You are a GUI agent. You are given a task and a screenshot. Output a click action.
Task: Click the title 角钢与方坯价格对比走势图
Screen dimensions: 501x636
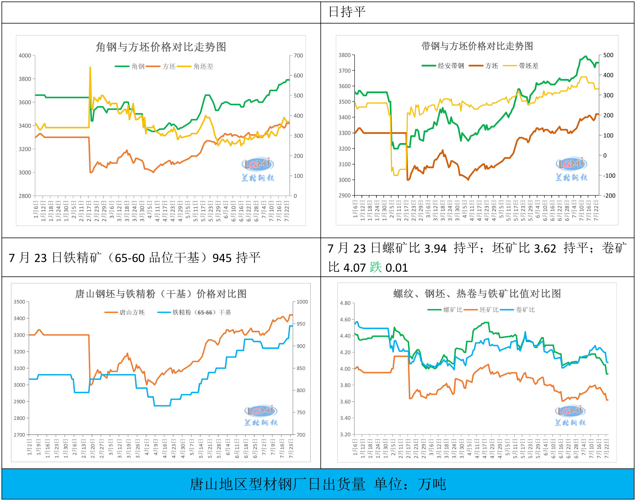(161, 47)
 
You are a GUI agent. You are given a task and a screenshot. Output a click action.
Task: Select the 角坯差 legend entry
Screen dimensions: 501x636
(203, 67)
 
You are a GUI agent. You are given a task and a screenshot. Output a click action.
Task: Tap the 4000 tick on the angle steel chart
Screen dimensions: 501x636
(25, 56)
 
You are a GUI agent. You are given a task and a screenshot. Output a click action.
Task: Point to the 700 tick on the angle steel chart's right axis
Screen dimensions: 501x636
(298, 56)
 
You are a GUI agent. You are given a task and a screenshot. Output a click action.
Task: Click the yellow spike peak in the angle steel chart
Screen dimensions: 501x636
(90, 67)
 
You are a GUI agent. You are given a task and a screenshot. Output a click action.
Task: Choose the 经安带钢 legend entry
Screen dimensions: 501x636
(451, 66)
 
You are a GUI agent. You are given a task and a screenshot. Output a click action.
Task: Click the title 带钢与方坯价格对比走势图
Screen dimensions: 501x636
(477, 46)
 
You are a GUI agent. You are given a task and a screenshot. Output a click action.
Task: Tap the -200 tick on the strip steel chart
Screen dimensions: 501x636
(609, 196)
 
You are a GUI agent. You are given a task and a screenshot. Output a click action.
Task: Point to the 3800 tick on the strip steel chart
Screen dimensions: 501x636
(345, 55)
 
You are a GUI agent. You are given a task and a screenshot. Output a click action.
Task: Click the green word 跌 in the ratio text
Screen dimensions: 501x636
(376, 268)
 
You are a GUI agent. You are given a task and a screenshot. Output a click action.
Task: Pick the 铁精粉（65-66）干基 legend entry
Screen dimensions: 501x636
(202, 312)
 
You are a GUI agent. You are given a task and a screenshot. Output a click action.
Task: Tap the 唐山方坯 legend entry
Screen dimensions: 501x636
(132, 312)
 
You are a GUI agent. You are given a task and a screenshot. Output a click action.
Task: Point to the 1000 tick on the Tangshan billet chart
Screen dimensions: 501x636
(302, 302)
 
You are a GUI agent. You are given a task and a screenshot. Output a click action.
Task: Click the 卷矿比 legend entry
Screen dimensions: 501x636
(525, 310)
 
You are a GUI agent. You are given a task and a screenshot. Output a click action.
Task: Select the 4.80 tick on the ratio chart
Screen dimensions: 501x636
(345, 303)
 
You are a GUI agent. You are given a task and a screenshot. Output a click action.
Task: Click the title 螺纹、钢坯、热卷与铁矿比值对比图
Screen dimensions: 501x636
(477, 294)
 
